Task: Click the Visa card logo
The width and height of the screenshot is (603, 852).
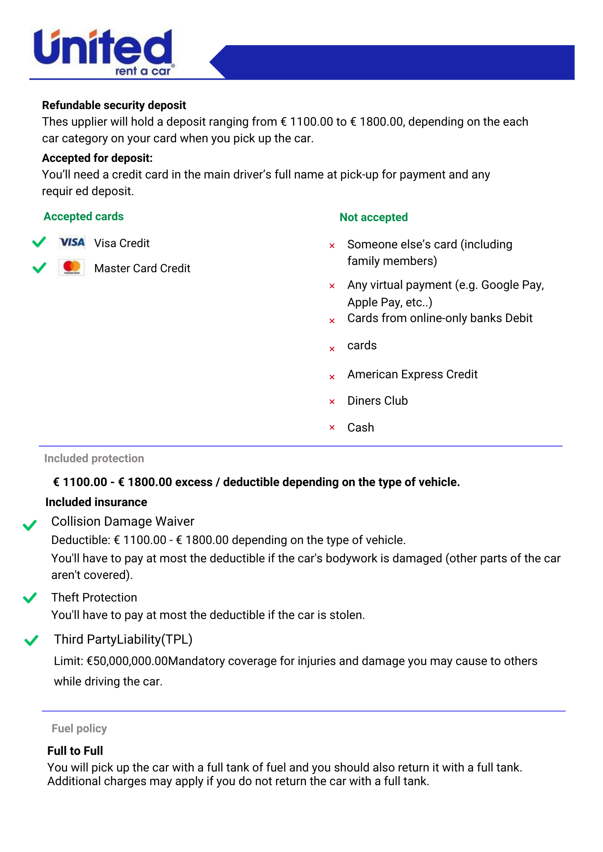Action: pyautogui.click(x=72, y=242)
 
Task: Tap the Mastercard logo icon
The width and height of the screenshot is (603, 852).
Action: pyautogui.click(x=72, y=268)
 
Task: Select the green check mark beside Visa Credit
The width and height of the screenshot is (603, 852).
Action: pyautogui.click(x=39, y=242)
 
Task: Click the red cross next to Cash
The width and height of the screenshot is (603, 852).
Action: pyautogui.click(x=332, y=427)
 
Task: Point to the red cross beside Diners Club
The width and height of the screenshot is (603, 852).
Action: pyautogui.click(x=332, y=401)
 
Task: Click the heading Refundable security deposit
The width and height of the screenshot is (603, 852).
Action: pyautogui.click(x=114, y=105)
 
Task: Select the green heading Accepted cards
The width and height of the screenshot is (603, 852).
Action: pyautogui.click(x=84, y=216)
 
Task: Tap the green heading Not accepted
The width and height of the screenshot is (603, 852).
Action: pyautogui.click(x=374, y=217)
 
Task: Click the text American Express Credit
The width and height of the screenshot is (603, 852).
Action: pyautogui.click(x=412, y=374)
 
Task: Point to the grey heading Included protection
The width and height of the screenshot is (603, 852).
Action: pyautogui.click(x=94, y=458)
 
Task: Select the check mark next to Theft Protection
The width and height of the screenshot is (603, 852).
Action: pyautogui.click(x=30, y=598)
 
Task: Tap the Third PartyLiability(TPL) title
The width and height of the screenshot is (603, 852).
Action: pyautogui.click(x=123, y=639)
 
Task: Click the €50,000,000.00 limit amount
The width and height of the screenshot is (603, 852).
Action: pyautogui.click(x=127, y=661)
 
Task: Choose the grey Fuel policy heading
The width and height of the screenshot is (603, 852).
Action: pyautogui.click(x=79, y=728)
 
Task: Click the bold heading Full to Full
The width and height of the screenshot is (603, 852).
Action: pyautogui.click(x=75, y=751)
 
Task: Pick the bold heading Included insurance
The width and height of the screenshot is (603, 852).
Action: pyautogui.click(x=96, y=502)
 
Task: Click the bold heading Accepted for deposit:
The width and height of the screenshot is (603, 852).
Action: pyautogui.click(x=97, y=158)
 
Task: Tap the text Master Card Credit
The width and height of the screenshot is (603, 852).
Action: pyautogui.click(x=142, y=268)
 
